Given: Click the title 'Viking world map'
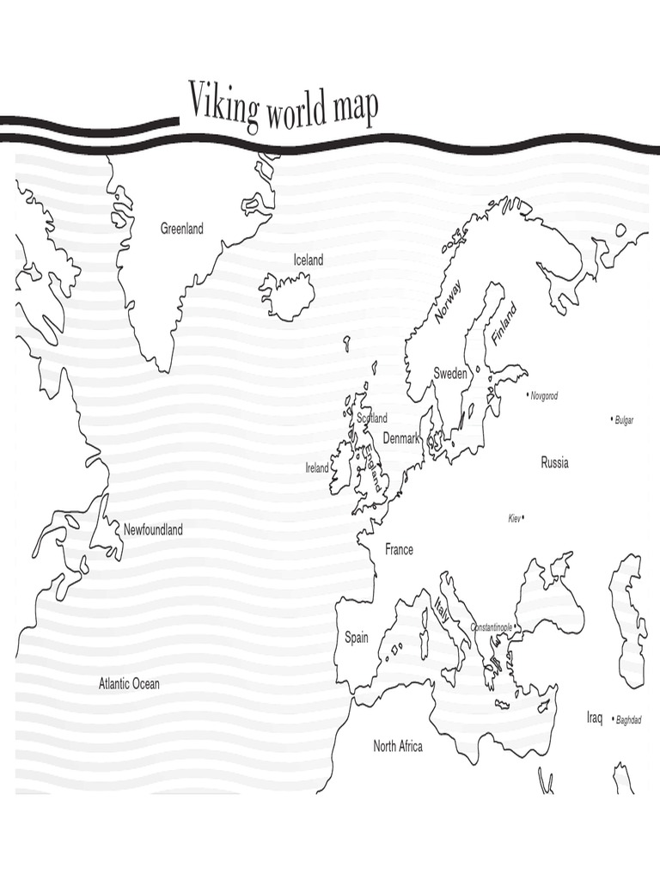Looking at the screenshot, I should pyautogui.click(x=283, y=107).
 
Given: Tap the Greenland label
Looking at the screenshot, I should pyautogui.click(x=182, y=229).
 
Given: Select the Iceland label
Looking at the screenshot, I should pyautogui.click(x=309, y=260).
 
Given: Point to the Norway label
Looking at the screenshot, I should pyautogui.click(x=449, y=302).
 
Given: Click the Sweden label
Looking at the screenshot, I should pyautogui.click(x=450, y=373).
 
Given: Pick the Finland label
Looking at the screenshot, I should pyautogui.click(x=504, y=324).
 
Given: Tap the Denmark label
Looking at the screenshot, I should pyautogui.click(x=401, y=437).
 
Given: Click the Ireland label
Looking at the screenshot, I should pyautogui.click(x=317, y=468).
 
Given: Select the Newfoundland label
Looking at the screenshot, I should pyautogui.click(x=154, y=529).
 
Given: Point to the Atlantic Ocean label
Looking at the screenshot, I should pyautogui.click(x=129, y=684).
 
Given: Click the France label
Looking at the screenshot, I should pyautogui.click(x=399, y=549).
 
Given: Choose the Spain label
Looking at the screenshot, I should pyautogui.click(x=357, y=637).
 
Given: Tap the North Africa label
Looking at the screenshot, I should pyautogui.click(x=398, y=746).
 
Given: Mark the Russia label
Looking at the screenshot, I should pyautogui.click(x=554, y=463).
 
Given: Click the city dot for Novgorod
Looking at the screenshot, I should pyautogui.click(x=528, y=395).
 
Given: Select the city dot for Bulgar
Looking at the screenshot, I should pyautogui.click(x=612, y=419).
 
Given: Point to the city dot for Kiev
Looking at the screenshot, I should pyautogui.click(x=524, y=517).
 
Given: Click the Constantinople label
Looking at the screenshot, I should pyautogui.click(x=492, y=628).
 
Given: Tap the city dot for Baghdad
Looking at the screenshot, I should pyautogui.click(x=612, y=719).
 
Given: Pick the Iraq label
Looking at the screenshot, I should pyautogui.click(x=596, y=717).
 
